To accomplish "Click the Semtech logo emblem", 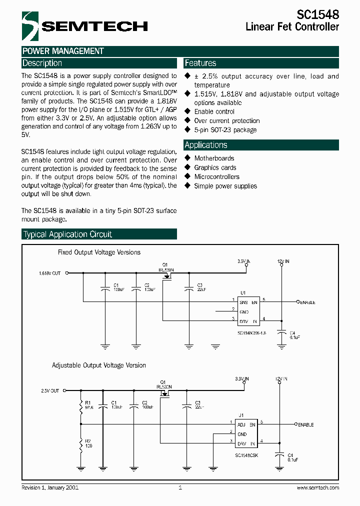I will click(29, 26).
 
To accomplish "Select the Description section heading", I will click(42, 63).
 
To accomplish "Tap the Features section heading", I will click(200, 63).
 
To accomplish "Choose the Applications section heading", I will click(206, 145).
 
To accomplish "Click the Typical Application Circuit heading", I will click(68, 234).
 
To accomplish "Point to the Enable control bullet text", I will click(214, 111).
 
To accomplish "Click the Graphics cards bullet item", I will click(215, 168).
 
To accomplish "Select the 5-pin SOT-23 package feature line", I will click(225, 130).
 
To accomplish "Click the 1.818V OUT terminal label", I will click(49, 273).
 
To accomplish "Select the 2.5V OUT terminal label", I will click(50, 391).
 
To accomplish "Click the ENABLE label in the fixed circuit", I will click(307, 302).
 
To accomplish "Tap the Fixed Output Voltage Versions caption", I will click(99, 252).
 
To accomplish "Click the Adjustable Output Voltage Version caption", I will click(99, 365).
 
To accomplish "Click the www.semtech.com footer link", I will click(317, 487).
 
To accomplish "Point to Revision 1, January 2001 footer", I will click(50, 487).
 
